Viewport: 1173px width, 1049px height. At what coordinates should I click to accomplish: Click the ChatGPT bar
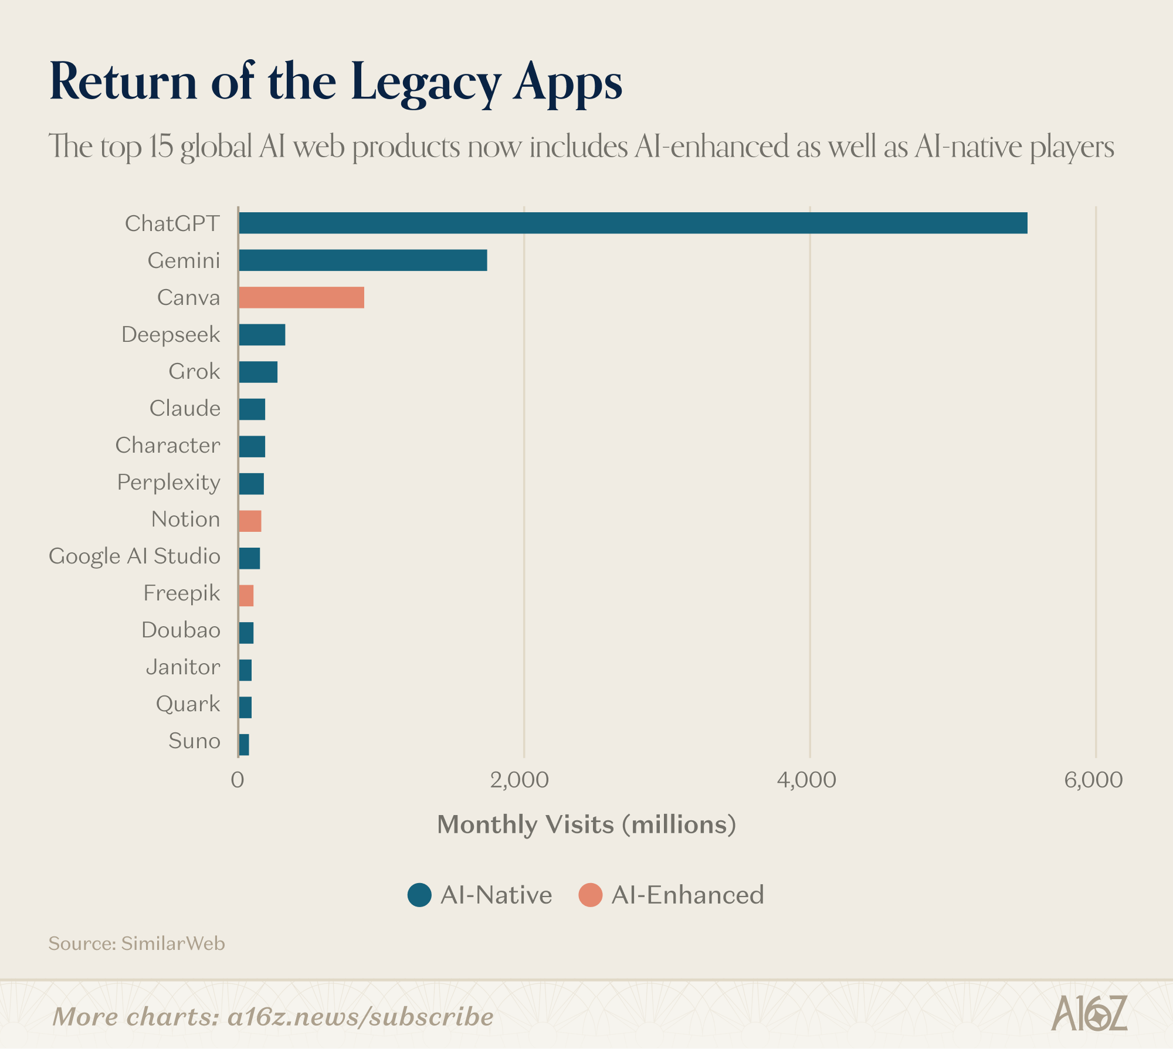coord(632,223)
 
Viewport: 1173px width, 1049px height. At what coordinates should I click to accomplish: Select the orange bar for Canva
coord(301,297)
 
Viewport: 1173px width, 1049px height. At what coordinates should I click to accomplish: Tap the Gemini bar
coord(362,260)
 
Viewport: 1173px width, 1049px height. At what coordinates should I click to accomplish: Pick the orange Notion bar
coord(250,521)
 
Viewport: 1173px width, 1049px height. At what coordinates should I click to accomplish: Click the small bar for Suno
coord(244,744)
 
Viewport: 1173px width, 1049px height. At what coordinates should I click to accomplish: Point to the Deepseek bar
coord(262,334)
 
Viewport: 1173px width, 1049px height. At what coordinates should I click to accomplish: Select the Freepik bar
coord(246,595)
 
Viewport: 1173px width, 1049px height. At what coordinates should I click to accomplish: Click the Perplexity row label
coord(168,483)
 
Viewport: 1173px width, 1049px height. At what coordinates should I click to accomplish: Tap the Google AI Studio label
coord(134,556)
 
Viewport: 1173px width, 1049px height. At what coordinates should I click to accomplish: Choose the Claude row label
coord(185,408)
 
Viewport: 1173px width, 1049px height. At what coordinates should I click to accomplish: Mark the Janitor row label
coord(183,667)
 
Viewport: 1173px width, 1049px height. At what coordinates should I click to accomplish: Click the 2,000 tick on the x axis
coord(519,780)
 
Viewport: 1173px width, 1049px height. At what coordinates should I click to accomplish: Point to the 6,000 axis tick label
coord(1093,780)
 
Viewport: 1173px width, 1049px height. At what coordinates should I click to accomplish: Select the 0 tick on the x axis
coord(238,780)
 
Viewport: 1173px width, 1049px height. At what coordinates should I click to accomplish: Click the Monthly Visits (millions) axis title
coord(586,824)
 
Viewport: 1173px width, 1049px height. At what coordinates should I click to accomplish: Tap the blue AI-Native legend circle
coord(420,895)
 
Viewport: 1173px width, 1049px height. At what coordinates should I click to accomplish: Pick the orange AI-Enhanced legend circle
coord(590,895)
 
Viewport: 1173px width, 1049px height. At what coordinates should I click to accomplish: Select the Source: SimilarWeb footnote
coord(137,943)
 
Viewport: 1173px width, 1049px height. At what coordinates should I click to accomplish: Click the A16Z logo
coord(1089,1013)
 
